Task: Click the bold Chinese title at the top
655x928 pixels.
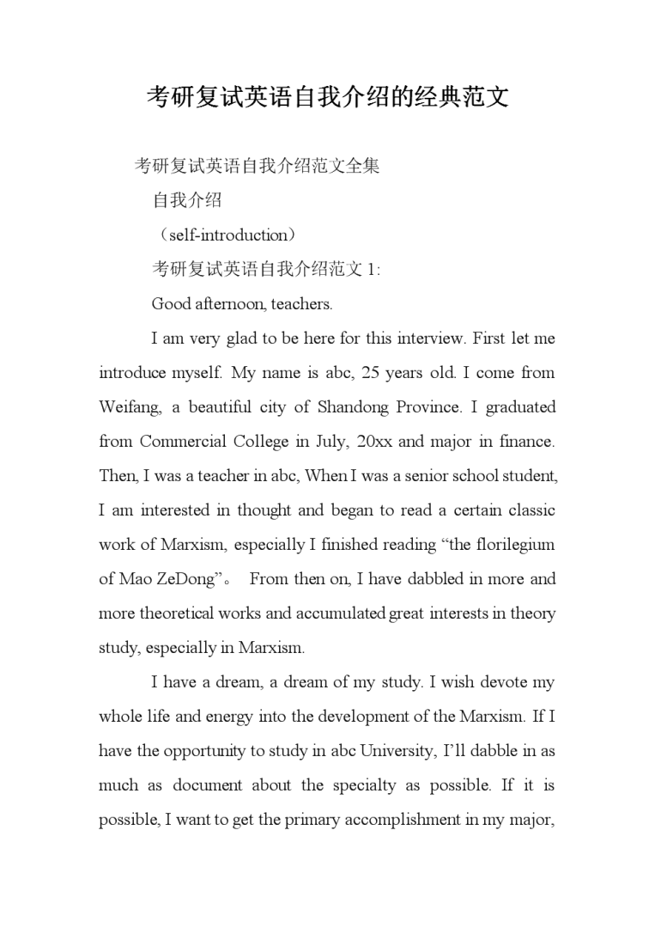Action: pos(327,96)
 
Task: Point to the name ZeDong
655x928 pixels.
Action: pos(183,578)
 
